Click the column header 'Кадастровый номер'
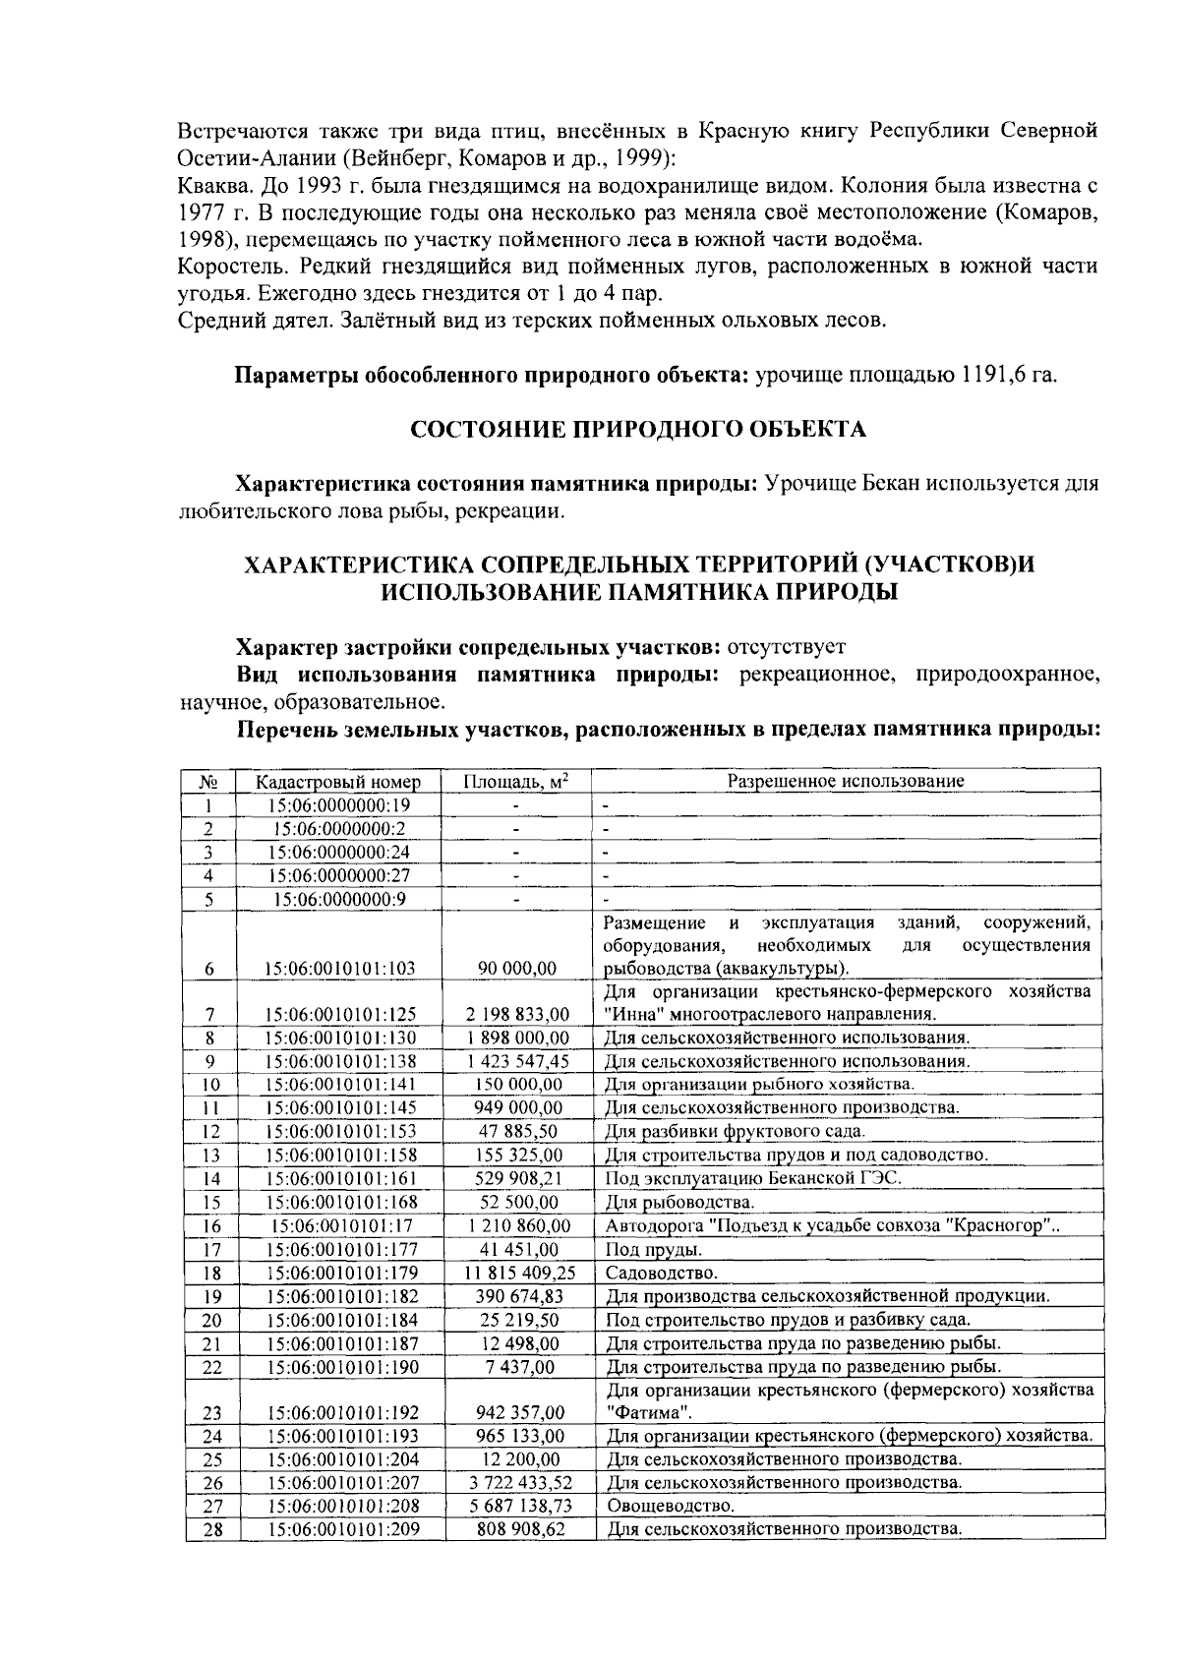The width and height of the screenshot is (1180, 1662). click(x=338, y=782)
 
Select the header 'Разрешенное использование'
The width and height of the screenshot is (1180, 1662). click(x=845, y=781)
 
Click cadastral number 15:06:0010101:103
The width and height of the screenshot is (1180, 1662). click(x=340, y=969)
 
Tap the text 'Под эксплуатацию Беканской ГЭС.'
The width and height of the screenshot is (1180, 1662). click(x=753, y=1178)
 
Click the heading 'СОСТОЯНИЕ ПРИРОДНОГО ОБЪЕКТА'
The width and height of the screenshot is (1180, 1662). click(x=637, y=430)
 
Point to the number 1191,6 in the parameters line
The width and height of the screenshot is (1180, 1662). click(x=985, y=377)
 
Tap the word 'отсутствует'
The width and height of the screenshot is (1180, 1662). click(x=786, y=647)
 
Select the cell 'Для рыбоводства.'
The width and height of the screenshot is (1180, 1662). click(x=678, y=1202)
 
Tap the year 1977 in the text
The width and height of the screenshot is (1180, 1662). click(x=202, y=211)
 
